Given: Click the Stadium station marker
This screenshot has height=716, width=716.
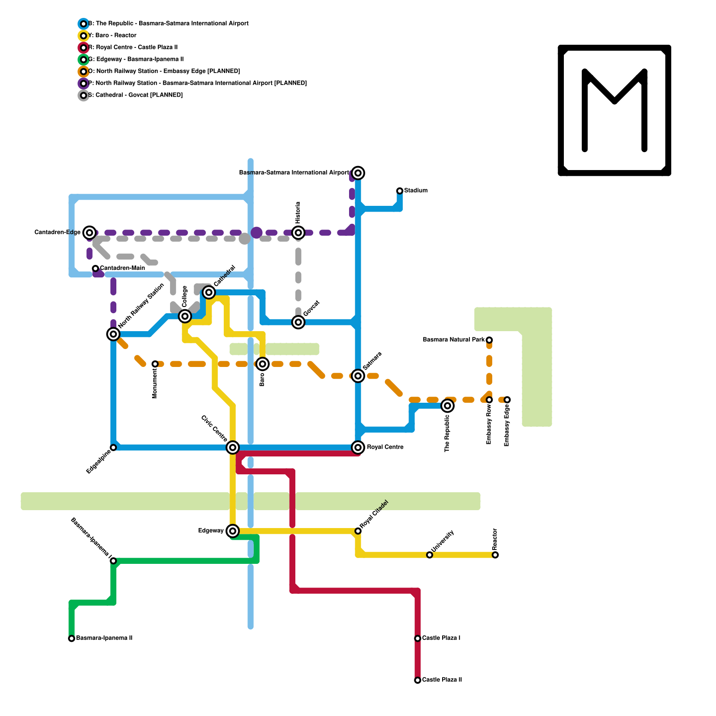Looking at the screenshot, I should coord(400,191).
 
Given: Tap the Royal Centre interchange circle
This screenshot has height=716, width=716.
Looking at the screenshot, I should coord(358,447).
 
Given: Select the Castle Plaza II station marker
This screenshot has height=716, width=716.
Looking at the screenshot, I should coord(418,680).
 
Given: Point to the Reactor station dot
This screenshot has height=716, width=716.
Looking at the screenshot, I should coord(495,555).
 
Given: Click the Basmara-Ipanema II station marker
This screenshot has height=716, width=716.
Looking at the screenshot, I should coord(72,639).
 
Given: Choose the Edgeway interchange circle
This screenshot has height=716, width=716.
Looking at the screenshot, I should coord(233,531).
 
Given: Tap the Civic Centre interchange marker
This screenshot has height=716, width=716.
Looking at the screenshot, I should coord(233,447).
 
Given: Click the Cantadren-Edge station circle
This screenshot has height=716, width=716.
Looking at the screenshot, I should coord(89,232).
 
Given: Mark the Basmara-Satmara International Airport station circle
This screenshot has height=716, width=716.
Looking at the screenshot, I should coord(358,173).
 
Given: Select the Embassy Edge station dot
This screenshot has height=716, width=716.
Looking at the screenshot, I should coord(507,400).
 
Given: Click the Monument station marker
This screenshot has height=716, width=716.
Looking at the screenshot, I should coord(155,364).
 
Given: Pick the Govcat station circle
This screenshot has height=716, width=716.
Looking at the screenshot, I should coord(298,322).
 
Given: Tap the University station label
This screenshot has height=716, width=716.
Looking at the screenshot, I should coord(443,541).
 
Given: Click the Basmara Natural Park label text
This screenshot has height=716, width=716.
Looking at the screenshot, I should coord(453,340).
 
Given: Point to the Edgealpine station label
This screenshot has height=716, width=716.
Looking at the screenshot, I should coord(98,461).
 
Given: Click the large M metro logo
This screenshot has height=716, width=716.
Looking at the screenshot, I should coord(614,111).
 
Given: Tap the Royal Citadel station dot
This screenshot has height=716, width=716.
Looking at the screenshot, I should coord(358,531).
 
